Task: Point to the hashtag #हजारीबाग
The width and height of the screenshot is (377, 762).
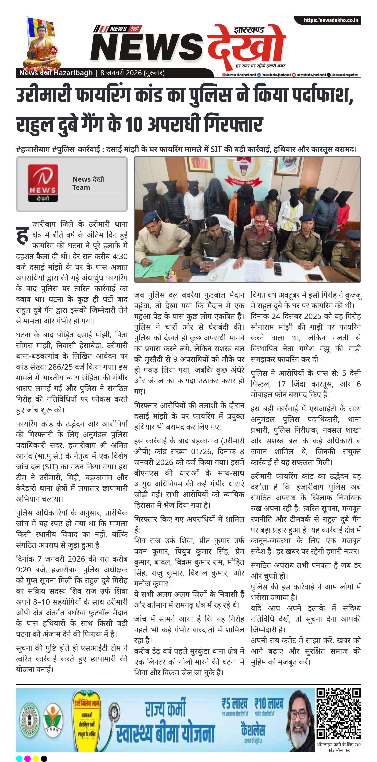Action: pos(33,149)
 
